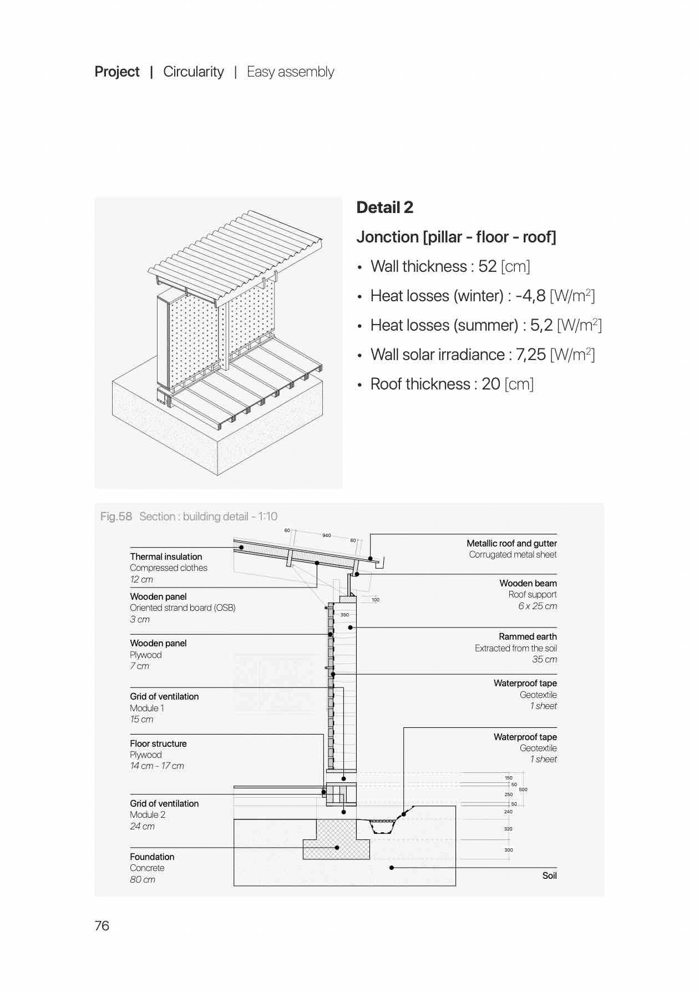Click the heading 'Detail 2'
[384, 207]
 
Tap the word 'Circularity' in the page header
[193, 72]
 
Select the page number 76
[102, 925]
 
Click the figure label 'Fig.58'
[116, 517]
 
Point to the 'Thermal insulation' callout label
[166, 556]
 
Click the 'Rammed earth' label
[527, 636]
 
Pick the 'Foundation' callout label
[152, 857]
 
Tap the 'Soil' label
[549, 875]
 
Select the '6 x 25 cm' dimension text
[537, 606]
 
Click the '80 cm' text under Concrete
[143, 879]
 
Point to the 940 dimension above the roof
[326, 535]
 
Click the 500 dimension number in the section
[523, 789]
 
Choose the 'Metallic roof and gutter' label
[511, 543]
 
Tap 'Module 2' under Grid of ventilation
[148, 814]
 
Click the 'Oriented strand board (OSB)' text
[183, 608]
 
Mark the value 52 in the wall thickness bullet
[487, 267]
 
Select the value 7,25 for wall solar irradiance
[530, 355]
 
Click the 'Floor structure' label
[158, 743]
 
